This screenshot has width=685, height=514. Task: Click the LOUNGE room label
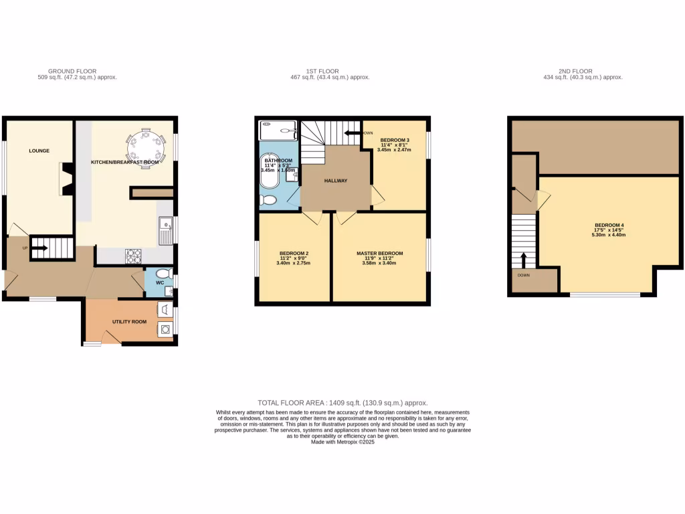pos(39,151)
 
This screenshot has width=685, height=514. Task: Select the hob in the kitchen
pos(134,256)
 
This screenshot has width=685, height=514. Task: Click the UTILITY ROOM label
pos(129,322)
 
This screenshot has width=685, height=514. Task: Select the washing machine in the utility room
pos(165,329)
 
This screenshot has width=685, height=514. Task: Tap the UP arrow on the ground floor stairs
pos(39,248)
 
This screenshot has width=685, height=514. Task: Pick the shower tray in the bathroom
pos(278,131)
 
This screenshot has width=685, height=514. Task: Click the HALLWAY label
pos(336,181)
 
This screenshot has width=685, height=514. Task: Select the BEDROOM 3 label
pos(394,141)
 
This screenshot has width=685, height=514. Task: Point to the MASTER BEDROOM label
pos(379,253)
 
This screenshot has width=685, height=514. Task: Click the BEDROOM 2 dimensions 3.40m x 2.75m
pos(294,263)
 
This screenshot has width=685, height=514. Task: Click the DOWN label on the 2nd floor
pos(522,274)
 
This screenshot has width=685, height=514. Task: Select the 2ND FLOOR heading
pos(581,71)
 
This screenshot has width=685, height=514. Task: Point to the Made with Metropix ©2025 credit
pos(342,442)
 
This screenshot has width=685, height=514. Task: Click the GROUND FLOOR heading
pos(72,71)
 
